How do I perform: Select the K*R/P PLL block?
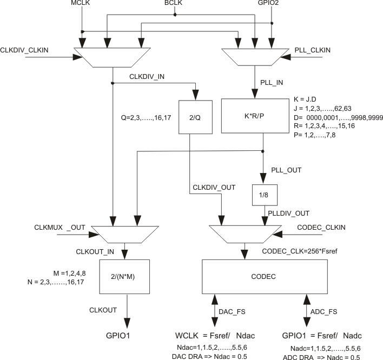pos(255,115)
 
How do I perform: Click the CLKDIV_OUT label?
pos(214,188)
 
